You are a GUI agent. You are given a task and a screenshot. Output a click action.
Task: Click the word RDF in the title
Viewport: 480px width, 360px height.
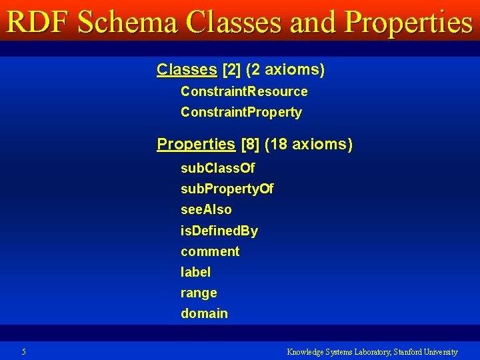[38, 23]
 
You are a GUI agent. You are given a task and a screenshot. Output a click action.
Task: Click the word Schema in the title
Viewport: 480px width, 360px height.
[127, 23]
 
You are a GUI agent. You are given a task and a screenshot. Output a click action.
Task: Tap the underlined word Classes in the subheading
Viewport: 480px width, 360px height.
[187, 69]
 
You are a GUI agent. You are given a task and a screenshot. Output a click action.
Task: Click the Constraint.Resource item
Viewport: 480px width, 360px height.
[244, 91]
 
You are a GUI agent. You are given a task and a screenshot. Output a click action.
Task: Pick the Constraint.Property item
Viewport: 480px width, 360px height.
[241, 112]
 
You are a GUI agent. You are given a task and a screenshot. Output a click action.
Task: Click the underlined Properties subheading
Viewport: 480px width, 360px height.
[196, 144]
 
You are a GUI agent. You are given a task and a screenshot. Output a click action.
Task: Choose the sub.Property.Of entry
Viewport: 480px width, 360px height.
[227, 189]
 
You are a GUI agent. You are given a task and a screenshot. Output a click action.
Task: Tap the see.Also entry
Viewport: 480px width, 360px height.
[206, 210]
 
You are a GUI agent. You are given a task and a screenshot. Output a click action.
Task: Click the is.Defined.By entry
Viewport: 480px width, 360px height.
[219, 231]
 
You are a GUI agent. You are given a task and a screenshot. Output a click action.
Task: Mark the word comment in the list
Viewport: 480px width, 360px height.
[209, 251]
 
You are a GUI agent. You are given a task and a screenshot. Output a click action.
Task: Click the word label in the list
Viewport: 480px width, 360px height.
[195, 272]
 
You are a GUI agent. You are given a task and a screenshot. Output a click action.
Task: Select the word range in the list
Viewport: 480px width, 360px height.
[199, 293]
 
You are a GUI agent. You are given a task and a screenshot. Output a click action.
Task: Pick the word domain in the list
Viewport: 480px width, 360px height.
[204, 313]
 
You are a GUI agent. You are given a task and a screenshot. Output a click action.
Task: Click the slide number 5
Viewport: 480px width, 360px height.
[23, 351]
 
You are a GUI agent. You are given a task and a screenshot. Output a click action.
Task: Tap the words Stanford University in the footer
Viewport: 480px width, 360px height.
[425, 351]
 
